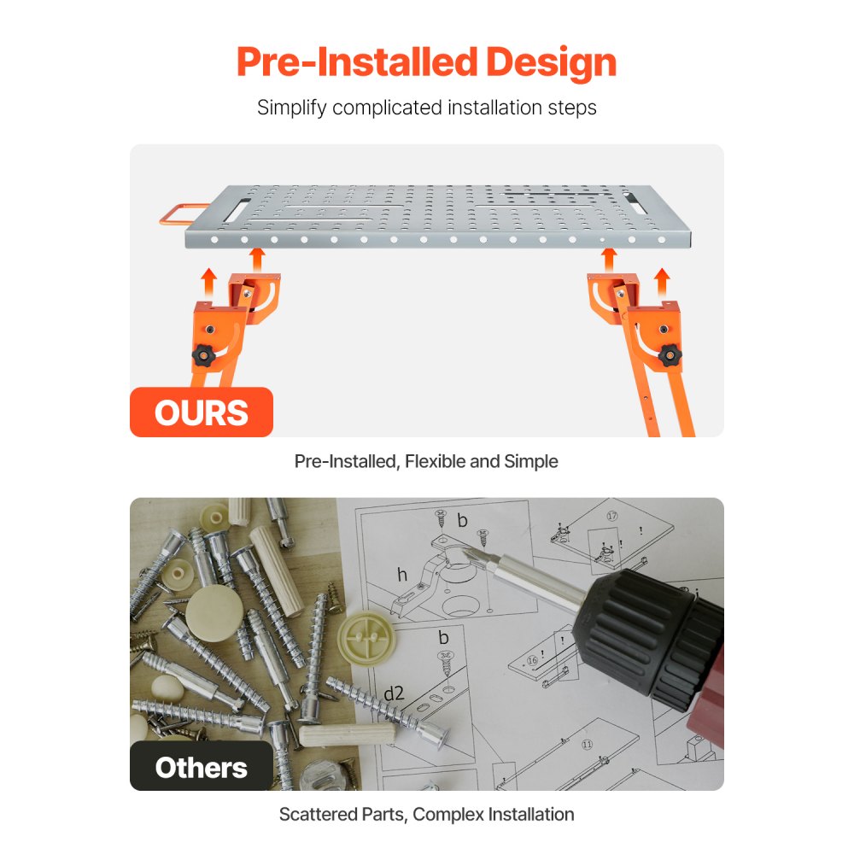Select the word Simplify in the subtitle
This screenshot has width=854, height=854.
tap(291, 108)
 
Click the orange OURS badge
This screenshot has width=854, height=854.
tap(202, 412)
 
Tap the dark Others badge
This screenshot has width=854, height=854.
tap(202, 767)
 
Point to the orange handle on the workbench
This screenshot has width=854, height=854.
tap(175, 213)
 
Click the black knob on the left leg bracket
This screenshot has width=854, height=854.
tap(203, 354)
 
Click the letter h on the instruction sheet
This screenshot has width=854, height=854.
tap(401, 575)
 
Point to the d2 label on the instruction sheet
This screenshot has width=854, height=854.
tap(393, 693)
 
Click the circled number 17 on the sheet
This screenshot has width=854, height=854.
tap(611, 517)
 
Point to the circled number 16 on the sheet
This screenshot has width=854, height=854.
tap(533, 660)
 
